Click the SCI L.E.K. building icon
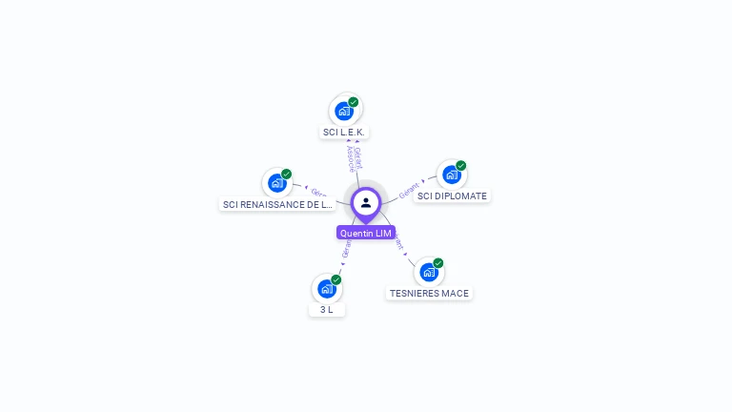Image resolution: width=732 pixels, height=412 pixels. pos(344,111)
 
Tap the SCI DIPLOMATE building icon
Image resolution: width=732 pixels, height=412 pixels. pos(451,175)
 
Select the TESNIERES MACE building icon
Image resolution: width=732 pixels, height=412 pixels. pos(429,272)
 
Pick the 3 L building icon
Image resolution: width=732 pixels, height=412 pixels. pos(327,288)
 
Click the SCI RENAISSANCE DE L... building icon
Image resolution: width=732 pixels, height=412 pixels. pos(276,182)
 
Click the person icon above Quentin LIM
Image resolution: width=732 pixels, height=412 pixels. pos(366,202)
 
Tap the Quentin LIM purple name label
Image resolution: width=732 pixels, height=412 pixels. pos(366,233)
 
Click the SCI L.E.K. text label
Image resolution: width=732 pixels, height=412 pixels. pos(344,133)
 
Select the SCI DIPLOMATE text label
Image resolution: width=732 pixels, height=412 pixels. pos(452,196)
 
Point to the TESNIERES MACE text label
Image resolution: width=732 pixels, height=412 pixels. pos(429,294)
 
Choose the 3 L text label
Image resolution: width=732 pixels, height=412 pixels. pos(327,310)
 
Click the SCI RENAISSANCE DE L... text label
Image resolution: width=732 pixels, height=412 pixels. pos(277,204)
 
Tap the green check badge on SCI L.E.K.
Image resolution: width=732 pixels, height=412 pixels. pos(354,102)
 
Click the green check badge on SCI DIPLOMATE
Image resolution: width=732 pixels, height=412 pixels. pos(460,166)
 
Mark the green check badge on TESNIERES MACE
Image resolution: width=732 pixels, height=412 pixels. pos(438,263)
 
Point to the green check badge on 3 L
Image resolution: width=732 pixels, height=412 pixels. pos(336,279)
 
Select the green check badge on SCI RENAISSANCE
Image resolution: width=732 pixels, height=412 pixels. pos(286,174)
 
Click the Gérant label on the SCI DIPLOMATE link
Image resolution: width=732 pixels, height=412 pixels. pos(410,190)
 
